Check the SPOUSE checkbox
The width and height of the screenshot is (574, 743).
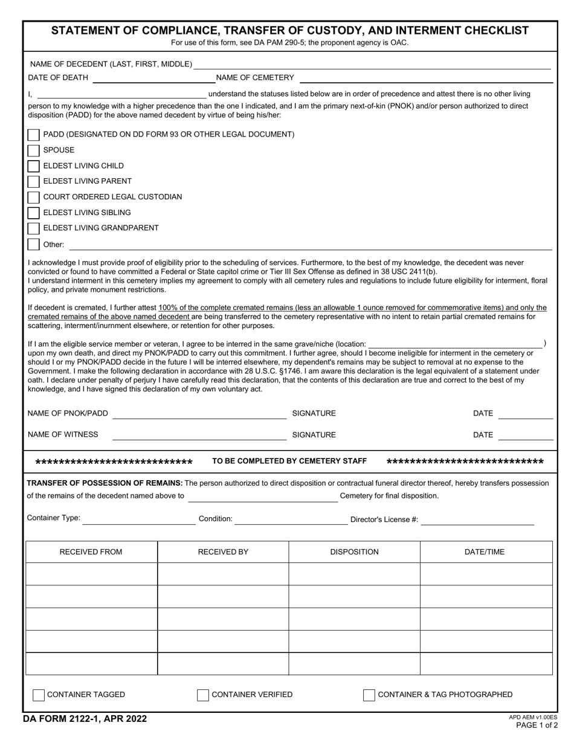pos(34,150)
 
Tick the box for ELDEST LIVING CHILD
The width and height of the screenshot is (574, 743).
pos(34,166)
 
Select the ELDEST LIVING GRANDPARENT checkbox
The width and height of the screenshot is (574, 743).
pos(34,228)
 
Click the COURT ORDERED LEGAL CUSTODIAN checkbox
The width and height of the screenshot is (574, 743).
pos(34,197)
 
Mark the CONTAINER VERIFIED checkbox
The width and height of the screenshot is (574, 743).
pos(203,695)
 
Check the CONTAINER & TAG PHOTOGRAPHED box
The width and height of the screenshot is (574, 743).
pos(369,695)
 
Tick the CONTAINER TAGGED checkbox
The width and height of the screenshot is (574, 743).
pos(39,695)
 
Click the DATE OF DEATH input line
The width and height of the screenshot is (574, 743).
pos(152,79)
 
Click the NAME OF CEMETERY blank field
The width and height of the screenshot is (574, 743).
pos(425,79)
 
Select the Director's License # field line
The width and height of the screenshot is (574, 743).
pos(477,521)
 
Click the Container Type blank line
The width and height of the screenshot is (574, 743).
pos(138,520)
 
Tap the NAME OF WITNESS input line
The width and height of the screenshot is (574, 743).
pos(199,436)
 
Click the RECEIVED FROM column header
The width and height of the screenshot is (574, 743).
pos(91,552)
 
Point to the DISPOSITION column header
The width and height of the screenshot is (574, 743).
pos(354,552)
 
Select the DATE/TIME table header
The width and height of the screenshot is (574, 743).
pos(485,552)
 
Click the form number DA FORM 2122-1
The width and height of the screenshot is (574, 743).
pos(85,719)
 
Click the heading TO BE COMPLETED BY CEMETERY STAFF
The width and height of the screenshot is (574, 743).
pos(289,462)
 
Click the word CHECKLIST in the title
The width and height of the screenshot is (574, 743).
pos(494,31)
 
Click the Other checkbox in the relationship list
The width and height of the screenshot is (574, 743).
pos(34,245)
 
